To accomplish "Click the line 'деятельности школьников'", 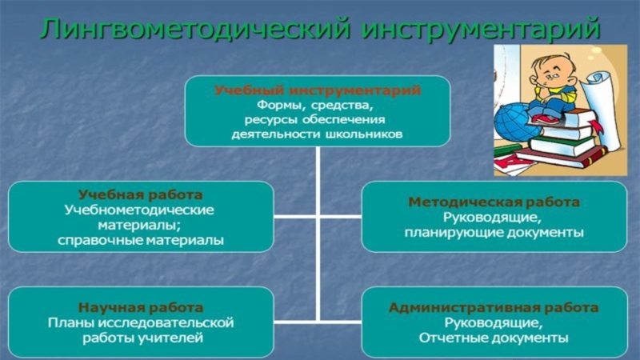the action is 317,134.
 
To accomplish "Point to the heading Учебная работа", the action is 140,195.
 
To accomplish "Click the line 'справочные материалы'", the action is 140,239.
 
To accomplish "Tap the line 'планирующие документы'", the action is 494,232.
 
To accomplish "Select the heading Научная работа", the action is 140,307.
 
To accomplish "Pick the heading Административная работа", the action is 494,307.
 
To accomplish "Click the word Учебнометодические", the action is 140,210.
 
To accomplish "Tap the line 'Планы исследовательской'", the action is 140,322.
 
